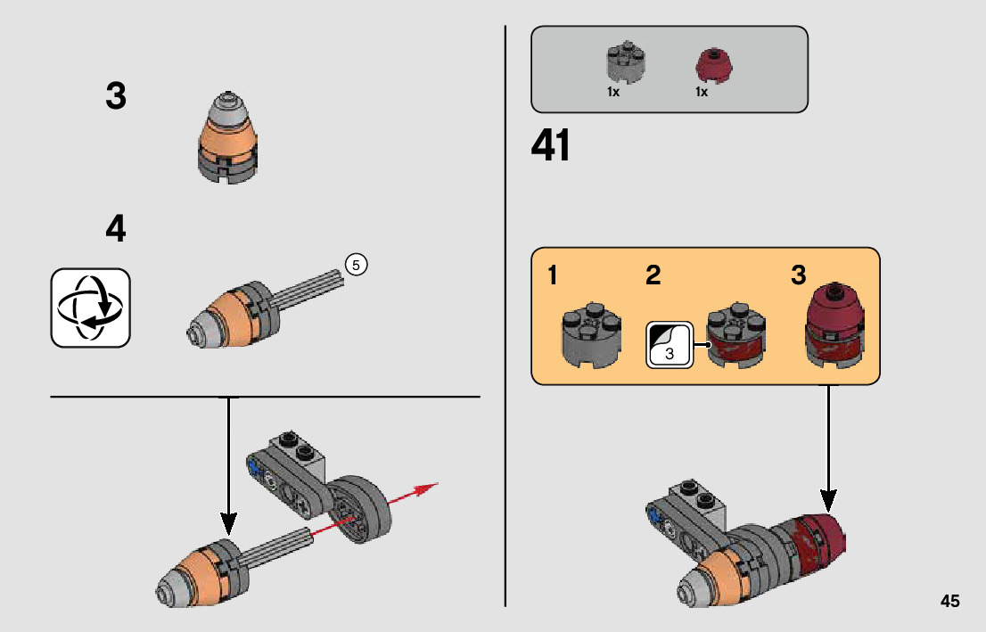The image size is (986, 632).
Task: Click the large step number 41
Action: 551,146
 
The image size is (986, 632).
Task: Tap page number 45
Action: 949,601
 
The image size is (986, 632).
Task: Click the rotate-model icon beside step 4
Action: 91,308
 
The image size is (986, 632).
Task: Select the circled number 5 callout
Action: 356,265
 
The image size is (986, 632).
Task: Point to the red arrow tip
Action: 434,487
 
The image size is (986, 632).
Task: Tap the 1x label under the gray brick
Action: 613,93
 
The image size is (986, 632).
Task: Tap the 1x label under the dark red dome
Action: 702,93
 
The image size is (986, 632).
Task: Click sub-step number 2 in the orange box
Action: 653,275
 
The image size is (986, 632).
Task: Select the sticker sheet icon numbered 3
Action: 670,344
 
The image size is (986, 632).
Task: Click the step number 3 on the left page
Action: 116,96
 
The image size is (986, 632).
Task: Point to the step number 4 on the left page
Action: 116,230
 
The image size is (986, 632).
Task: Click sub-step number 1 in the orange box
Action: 553,275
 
